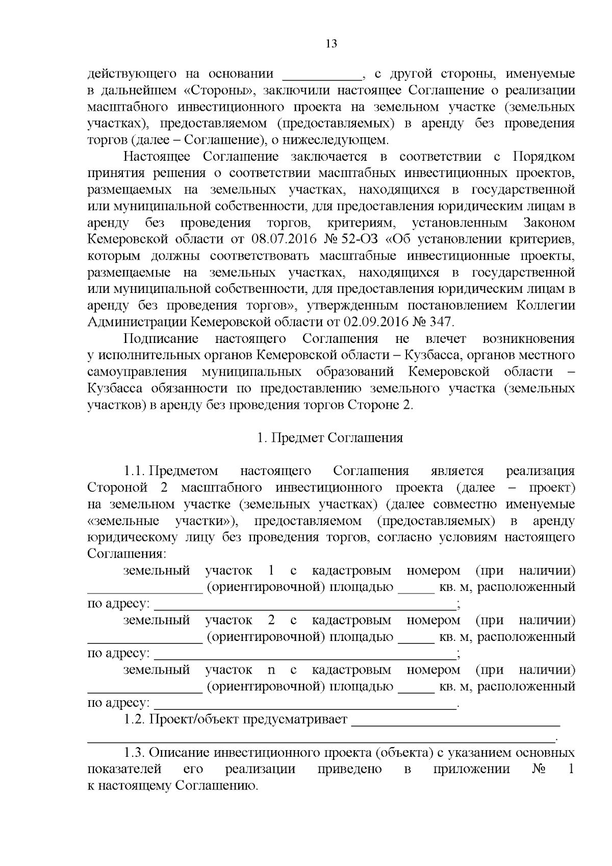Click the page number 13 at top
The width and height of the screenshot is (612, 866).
coord(331,43)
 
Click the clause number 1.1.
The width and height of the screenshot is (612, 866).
coord(135,471)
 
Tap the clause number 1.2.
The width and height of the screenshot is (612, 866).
coord(135,720)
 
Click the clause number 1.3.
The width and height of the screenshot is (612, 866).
coord(135,753)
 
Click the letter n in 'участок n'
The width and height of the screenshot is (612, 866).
coord(271,670)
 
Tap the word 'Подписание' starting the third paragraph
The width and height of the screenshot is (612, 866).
coord(161,339)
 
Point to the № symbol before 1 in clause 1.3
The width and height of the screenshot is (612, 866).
coord(538,769)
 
